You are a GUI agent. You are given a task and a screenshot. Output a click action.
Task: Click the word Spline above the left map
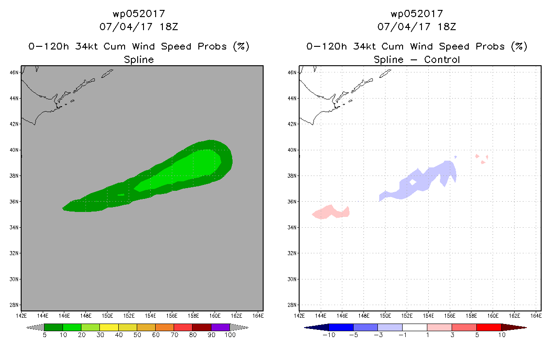click(139, 60)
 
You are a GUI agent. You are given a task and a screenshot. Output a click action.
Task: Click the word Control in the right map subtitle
click(442, 60)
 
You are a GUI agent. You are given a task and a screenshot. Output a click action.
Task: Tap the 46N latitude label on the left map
click(14, 72)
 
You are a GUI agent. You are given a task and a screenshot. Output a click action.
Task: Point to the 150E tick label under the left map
click(107, 316)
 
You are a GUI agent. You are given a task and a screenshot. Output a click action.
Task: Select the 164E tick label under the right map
click(536, 316)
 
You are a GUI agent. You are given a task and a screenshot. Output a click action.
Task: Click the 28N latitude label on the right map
click(292, 305)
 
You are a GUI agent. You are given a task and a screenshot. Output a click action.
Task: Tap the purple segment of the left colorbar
click(220, 327)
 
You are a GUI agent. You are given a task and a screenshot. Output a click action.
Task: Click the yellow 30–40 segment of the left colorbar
click(109, 327)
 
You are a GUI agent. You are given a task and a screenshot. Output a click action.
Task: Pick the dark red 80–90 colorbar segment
click(202, 327)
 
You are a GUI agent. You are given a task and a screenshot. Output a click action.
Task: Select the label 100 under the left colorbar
click(230, 335)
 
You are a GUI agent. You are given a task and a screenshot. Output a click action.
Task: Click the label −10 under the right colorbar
click(329, 335)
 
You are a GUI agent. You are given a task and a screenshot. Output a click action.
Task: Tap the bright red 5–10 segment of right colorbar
click(489, 327)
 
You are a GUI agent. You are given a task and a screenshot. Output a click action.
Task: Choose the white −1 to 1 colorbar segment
click(415, 327)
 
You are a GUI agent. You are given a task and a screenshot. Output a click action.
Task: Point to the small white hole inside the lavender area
click(413, 182)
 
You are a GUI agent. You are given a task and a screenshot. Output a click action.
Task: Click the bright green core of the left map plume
click(184, 169)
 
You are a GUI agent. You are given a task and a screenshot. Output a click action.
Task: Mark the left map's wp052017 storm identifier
click(139, 14)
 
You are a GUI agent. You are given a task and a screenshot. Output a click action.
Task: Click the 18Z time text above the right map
click(447, 27)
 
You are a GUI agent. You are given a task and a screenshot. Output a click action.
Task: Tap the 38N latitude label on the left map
click(14, 176)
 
